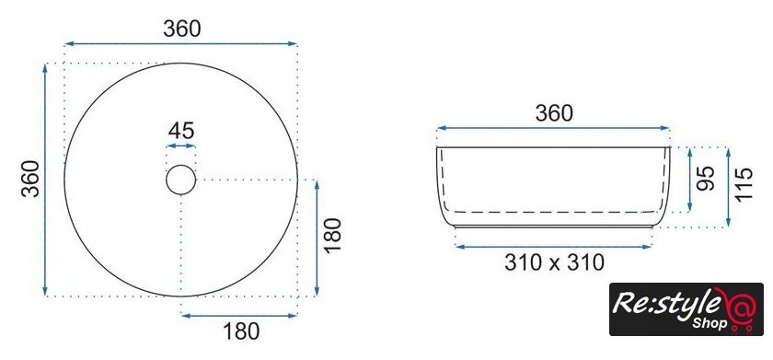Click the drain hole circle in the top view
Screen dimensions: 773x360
point(181,165)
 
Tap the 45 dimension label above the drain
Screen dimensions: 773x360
point(181,131)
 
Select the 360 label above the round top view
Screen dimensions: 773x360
point(182,29)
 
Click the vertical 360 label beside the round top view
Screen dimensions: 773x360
point(30,179)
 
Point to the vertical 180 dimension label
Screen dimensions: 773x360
point(333,235)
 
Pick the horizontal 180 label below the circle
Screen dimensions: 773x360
point(241,331)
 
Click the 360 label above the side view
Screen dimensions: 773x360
point(554,113)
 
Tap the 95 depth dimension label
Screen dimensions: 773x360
point(706,179)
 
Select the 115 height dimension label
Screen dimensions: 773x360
point(744,184)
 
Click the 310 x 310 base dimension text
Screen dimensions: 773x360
point(554,262)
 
